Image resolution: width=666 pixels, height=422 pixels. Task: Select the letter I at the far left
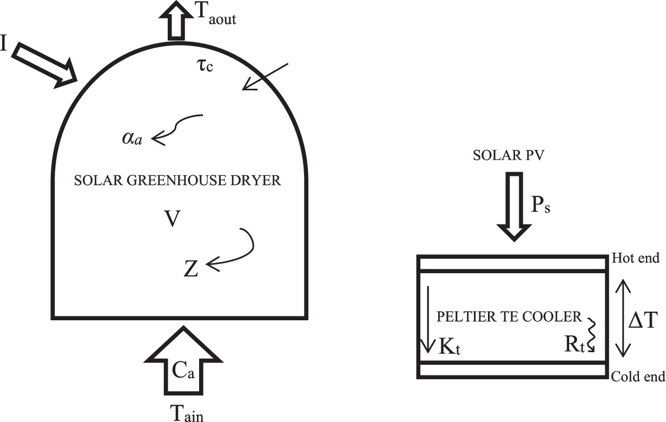[x=4, y=44]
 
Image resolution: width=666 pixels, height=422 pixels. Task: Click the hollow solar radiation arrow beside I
[x=45, y=65]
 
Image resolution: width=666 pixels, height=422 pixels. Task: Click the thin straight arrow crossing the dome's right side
[x=266, y=76]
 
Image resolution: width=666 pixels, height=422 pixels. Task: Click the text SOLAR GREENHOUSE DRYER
[x=177, y=181]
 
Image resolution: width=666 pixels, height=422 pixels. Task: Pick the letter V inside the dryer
[x=172, y=220]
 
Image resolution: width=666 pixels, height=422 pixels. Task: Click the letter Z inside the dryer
[x=191, y=268]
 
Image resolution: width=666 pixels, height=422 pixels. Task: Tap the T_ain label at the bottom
[x=187, y=413]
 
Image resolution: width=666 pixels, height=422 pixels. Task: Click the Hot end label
[x=636, y=259]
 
